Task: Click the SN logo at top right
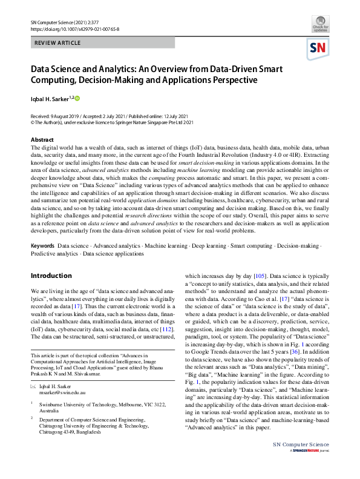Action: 319,48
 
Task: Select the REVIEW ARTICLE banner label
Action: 58,43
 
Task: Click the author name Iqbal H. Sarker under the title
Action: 51,98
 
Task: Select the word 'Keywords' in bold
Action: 42,246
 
